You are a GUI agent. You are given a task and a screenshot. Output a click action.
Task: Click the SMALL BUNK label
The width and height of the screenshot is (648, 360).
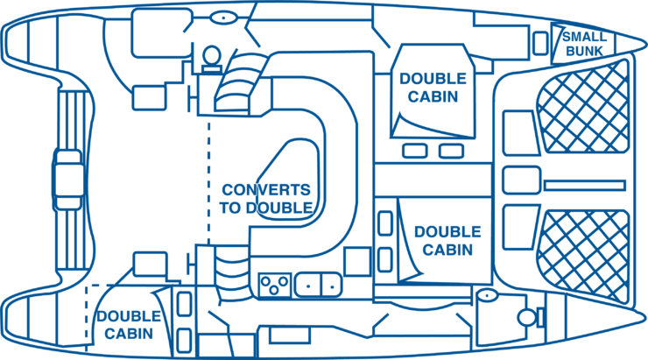pyautogui.click(x=583, y=44)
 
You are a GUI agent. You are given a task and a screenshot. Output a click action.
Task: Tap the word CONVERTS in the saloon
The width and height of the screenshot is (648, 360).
pyautogui.click(x=266, y=190)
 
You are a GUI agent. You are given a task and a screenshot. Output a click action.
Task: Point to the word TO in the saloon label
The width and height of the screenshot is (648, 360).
pyautogui.click(x=234, y=208)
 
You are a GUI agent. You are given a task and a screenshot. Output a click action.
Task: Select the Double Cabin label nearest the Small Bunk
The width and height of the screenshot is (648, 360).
pyautogui.click(x=428, y=87)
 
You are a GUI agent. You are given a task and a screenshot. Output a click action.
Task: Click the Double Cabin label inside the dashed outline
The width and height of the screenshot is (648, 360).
pyautogui.click(x=129, y=324)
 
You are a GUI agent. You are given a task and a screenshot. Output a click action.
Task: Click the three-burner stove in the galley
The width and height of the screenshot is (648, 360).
pyautogui.click(x=275, y=284)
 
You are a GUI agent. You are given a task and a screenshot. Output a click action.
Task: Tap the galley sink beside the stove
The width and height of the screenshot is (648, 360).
pyautogui.click(x=318, y=284)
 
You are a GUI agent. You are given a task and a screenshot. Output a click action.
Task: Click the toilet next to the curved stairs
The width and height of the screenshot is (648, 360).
pyautogui.click(x=210, y=57)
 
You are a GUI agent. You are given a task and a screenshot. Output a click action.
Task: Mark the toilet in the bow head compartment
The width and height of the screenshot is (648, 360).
pyautogui.click(x=528, y=316)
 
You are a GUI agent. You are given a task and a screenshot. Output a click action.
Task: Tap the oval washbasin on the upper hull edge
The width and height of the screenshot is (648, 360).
pyautogui.click(x=222, y=17)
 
